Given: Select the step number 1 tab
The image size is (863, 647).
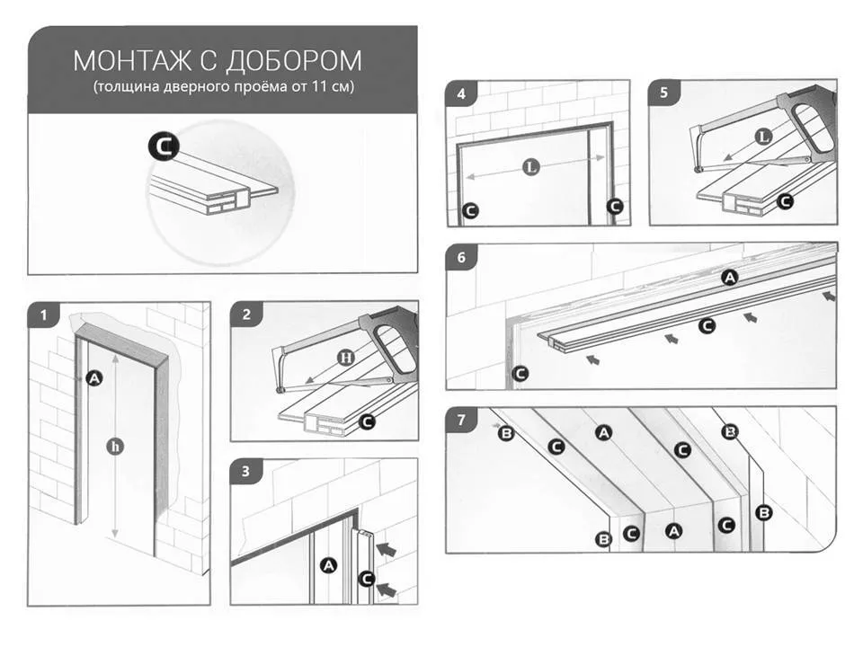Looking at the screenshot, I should [42, 315].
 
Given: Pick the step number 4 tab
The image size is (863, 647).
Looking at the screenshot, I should [461, 94].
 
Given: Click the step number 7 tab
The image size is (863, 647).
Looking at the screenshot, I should [461, 420].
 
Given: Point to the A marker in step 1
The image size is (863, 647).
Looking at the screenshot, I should [93, 378].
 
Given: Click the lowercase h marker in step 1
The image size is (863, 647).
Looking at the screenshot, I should [114, 444].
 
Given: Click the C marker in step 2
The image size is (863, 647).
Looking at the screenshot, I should [367, 421].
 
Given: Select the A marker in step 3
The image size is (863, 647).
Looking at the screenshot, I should [328, 565].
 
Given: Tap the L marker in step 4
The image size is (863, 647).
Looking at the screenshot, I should [531, 165].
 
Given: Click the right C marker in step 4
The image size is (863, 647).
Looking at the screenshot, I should [614, 206].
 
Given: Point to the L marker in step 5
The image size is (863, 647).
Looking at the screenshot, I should [762, 137].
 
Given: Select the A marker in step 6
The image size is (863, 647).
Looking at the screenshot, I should [730, 279].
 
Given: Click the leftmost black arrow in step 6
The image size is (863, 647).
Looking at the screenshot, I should [592, 359].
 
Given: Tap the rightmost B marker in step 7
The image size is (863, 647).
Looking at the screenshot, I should [764, 513].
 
